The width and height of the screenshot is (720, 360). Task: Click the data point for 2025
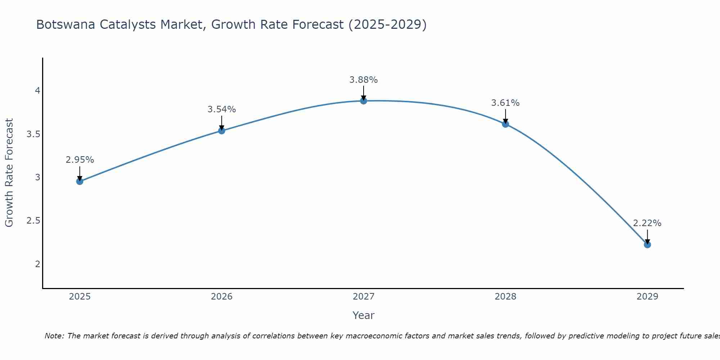[80, 181]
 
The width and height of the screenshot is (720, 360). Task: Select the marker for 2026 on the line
[222, 131]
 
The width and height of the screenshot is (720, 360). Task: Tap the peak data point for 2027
[364, 101]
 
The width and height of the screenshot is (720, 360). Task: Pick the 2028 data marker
[505, 124]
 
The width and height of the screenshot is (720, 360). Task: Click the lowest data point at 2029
[647, 245]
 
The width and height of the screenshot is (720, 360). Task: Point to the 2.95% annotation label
[80, 160]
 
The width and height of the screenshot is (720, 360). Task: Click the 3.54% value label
[222, 109]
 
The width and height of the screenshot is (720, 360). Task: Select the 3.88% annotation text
[364, 80]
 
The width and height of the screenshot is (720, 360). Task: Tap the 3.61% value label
[505, 103]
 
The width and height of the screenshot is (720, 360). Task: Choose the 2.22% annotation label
[647, 223]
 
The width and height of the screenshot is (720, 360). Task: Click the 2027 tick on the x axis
[364, 297]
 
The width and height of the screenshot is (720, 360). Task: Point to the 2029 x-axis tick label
[647, 297]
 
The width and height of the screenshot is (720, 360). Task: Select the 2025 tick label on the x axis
[80, 297]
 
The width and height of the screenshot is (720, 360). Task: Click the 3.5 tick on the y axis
[33, 134]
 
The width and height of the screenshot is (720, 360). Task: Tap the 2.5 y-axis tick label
[33, 221]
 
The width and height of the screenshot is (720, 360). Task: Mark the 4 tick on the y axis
[37, 91]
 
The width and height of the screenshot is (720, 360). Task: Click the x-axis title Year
[364, 315]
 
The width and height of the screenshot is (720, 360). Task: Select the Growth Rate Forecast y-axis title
[9, 173]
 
